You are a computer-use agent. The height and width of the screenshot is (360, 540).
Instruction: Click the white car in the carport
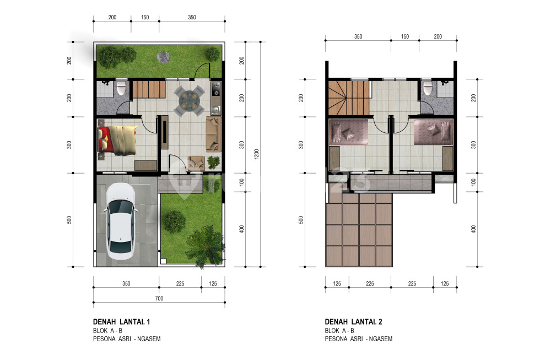[x=120, y=221]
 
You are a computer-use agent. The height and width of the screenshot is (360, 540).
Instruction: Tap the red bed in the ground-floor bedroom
[x=117, y=139]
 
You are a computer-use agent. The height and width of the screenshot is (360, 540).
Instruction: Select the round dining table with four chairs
[x=189, y=100]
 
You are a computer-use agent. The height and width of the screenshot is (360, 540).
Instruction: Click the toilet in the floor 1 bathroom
[x=121, y=88]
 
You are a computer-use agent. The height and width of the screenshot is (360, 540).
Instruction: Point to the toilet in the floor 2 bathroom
[x=428, y=88]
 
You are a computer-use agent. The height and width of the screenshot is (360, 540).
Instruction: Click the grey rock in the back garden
[x=164, y=57]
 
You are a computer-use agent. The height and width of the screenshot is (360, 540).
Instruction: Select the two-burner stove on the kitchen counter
[x=216, y=89]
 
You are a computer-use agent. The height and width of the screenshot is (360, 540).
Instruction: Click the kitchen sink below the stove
[x=215, y=110]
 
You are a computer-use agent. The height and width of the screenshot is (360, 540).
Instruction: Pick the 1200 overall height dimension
[x=256, y=154]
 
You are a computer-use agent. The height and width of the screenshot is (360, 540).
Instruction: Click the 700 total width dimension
[x=159, y=298]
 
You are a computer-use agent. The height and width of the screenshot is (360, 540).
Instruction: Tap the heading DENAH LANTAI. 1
[x=122, y=322]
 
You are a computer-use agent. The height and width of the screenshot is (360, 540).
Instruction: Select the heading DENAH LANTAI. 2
[x=353, y=322]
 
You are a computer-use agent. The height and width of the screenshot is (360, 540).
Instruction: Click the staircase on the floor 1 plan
[x=149, y=89]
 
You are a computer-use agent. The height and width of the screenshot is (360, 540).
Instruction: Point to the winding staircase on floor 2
[x=348, y=98]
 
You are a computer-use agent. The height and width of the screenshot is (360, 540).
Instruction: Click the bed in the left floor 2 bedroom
[x=349, y=132]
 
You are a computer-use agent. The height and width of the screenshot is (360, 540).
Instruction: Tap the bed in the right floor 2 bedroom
[x=433, y=132]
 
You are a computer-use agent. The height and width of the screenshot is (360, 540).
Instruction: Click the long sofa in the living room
[x=214, y=135]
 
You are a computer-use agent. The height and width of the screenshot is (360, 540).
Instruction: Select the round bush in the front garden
[x=174, y=221]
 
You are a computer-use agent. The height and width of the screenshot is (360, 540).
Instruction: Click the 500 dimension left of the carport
[x=69, y=220]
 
